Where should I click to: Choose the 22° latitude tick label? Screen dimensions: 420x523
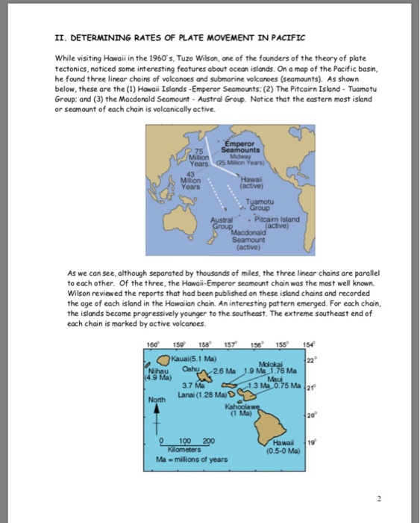[x=317, y=359]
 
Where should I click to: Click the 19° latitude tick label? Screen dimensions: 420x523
[x=317, y=442]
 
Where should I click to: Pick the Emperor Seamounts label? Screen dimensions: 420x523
[x=242, y=148]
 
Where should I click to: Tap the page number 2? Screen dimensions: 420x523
[x=378, y=497]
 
